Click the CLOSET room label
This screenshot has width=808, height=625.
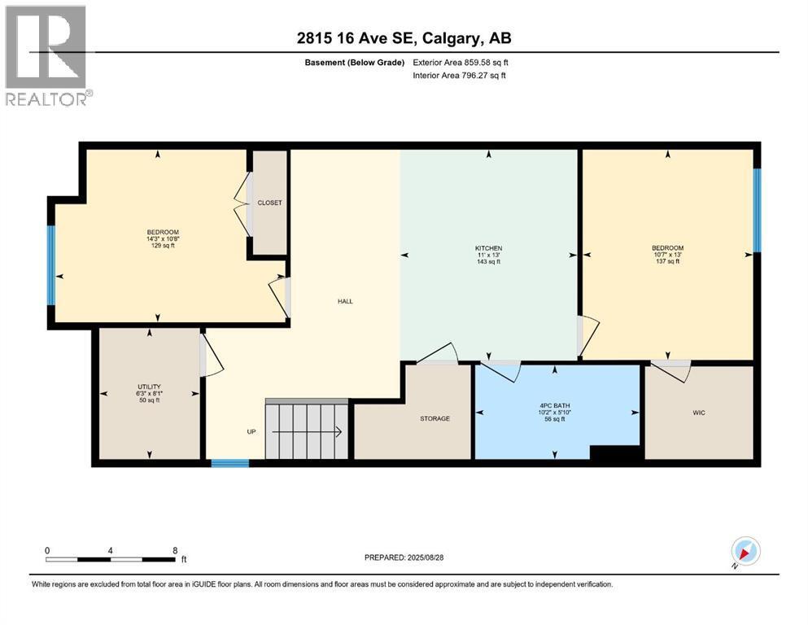(x=269, y=203)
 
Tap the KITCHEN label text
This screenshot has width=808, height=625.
(x=488, y=248)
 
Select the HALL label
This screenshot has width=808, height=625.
(x=345, y=301)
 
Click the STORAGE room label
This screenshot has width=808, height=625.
(x=435, y=418)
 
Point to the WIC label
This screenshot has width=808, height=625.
(x=698, y=413)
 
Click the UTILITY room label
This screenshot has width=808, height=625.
(x=149, y=387)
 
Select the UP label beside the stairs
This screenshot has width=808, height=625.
(x=251, y=431)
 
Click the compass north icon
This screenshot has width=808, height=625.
(x=745, y=552)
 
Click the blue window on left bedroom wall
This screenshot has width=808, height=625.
(x=51, y=264)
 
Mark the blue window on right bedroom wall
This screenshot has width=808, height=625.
(x=756, y=210)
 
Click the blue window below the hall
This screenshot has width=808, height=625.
(x=229, y=463)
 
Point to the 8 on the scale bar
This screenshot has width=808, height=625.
(x=174, y=550)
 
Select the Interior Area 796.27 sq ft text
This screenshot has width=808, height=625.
(x=460, y=76)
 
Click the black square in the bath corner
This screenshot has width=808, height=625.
(x=616, y=455)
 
